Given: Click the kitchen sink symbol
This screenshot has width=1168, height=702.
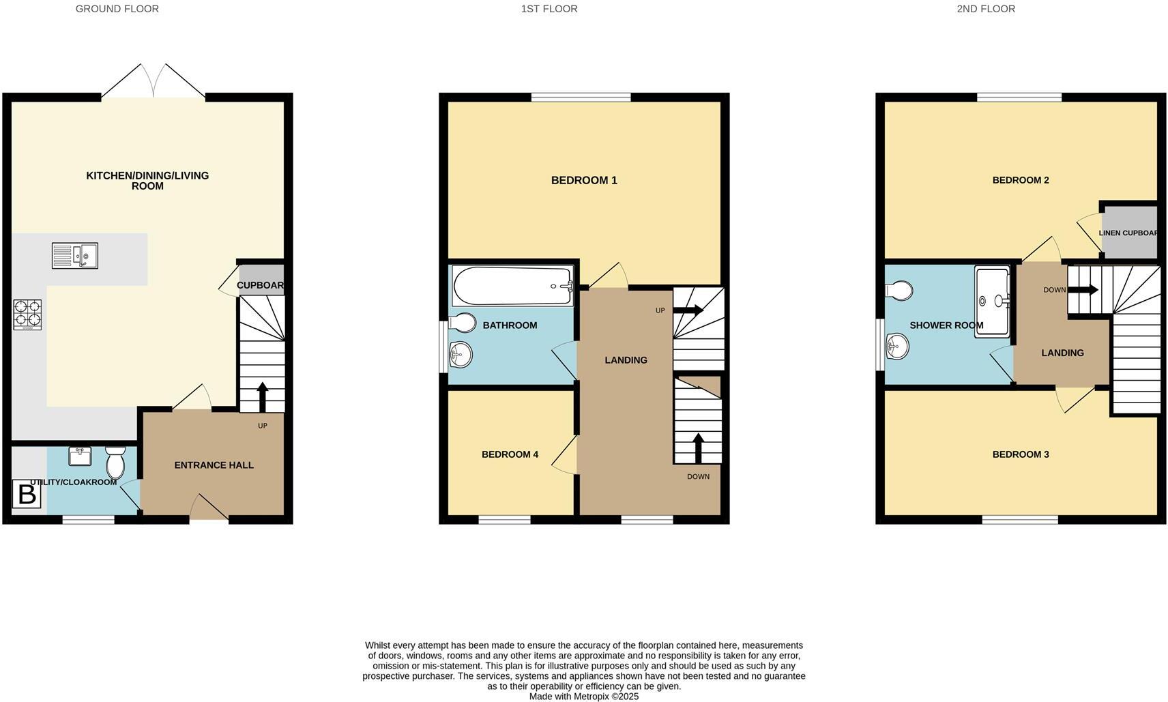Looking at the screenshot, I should click(75, 256).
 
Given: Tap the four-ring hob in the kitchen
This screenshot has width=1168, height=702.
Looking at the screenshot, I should click(27, 315).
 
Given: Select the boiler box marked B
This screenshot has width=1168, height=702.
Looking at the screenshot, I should click(27, 494).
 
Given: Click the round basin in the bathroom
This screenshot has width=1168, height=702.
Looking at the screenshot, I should click(461, 354).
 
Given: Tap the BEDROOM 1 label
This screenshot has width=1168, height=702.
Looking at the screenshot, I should click(584, 180).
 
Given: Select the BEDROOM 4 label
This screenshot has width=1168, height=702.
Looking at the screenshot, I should click(510, 454).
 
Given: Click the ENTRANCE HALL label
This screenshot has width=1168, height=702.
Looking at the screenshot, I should click(214, 465).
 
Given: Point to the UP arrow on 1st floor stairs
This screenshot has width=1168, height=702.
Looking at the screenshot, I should click(688, 310).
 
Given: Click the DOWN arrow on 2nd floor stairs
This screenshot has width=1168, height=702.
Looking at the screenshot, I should click(1083, 290).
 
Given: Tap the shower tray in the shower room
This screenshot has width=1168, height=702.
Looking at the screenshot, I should click(992, 302).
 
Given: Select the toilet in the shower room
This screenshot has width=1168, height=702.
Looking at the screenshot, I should click(899, 291).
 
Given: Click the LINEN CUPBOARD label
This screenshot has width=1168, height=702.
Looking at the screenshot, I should click(1128, 233).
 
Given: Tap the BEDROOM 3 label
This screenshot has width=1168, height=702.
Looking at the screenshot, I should click(1020, 454).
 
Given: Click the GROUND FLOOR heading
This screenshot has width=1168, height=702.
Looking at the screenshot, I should click(117, 9).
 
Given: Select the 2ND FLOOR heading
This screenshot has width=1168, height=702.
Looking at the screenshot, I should click(985, 9).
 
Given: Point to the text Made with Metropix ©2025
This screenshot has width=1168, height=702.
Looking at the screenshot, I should click(583, 697).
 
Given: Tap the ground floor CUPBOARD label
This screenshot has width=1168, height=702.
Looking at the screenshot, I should click(260, 285).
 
